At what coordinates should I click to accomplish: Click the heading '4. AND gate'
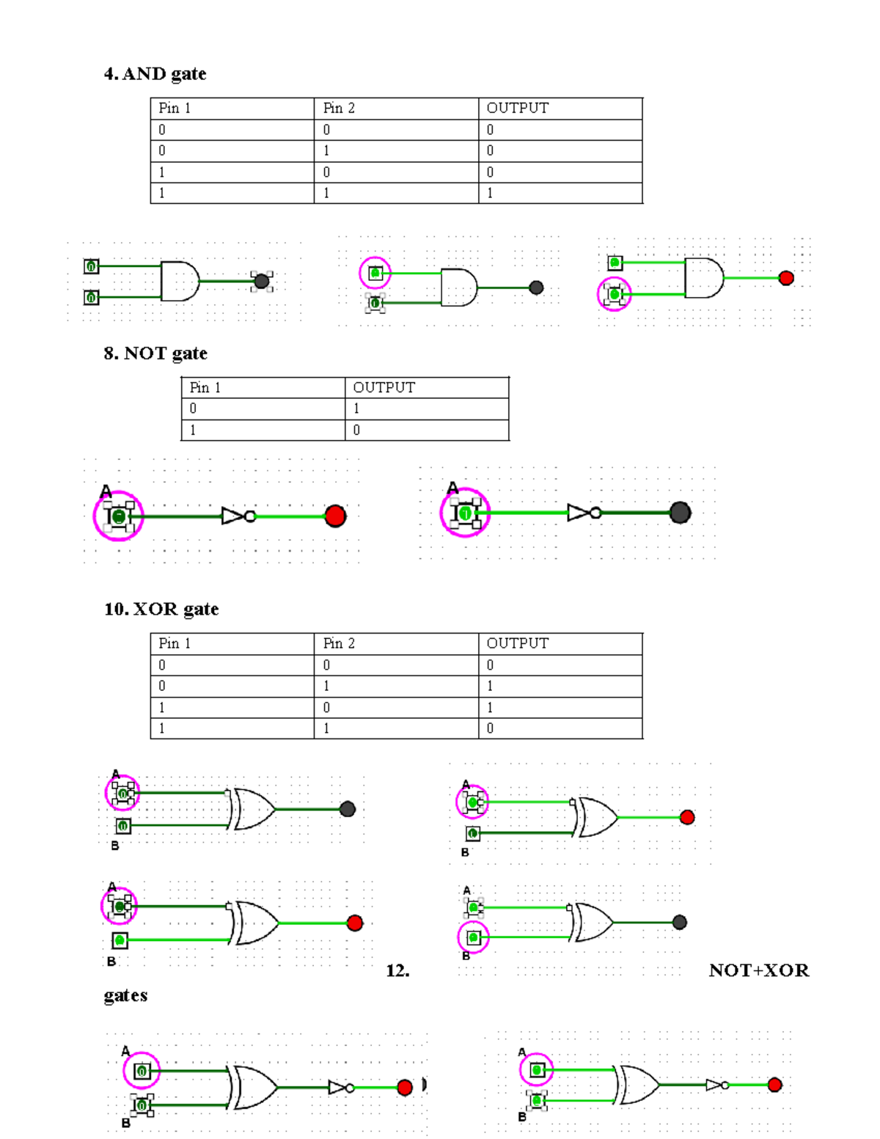tap(155, 74)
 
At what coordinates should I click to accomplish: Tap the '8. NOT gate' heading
tap(155, 354)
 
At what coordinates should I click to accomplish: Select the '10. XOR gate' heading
tap(161, 609)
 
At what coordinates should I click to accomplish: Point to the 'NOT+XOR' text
tap(759, 971)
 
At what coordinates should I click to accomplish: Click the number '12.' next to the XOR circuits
tap(397, 971)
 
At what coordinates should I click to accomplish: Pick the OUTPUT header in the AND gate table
tap(517, 109)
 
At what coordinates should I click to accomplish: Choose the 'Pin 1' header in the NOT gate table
tap(205, 388)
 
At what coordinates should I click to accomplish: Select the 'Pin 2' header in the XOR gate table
tap(339, 643)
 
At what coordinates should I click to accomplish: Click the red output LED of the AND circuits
tap(786, 278)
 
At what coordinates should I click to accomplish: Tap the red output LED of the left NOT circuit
tap(335, 516)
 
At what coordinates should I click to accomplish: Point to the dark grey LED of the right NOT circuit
tap(680, 513)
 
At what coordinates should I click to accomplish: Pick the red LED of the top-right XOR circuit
tap(687, 817)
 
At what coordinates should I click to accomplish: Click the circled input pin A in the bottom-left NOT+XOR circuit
tap(142, 1072)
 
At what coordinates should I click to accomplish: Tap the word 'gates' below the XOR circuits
tap(125, 996)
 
